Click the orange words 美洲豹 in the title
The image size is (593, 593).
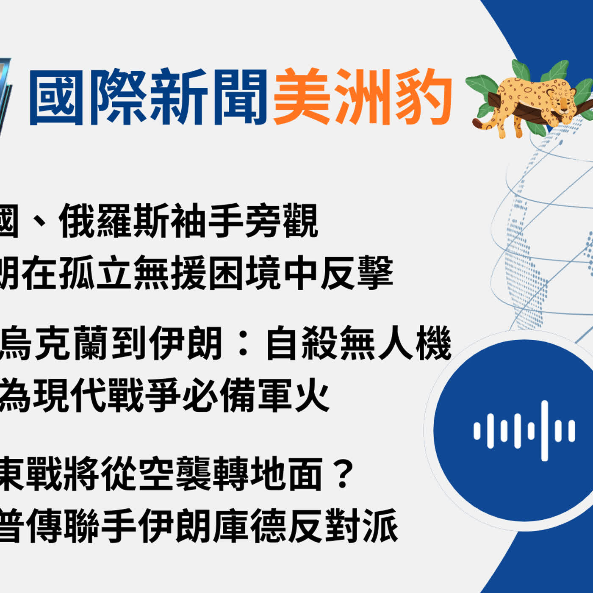[363, 97]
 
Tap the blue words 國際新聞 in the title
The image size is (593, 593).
[148, 97]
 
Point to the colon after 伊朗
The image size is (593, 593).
[244, 344]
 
